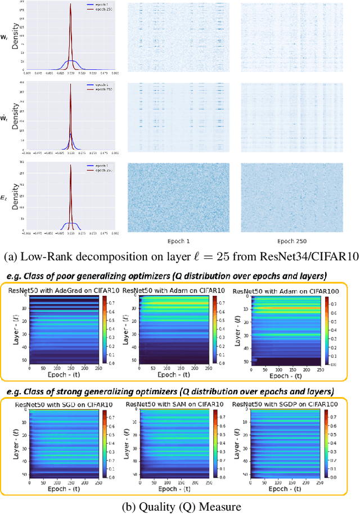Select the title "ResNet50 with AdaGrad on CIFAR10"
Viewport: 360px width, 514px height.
point(64,290)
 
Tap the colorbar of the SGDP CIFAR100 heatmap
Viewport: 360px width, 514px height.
point(327,441)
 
